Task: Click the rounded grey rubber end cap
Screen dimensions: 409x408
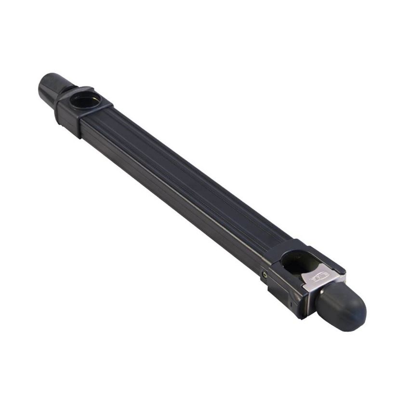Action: point(341,308)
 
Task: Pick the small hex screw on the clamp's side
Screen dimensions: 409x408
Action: point(264,275)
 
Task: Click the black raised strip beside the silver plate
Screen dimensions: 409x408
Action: point(332,264)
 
